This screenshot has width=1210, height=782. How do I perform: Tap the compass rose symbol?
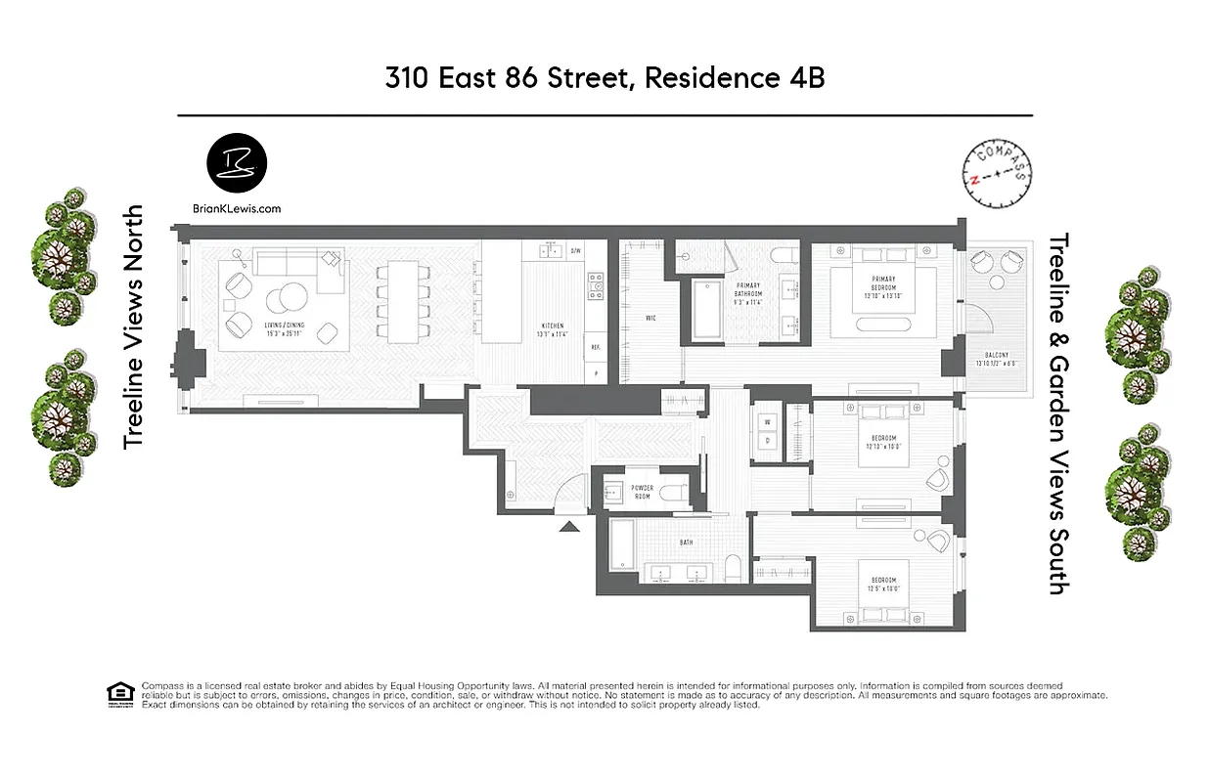998,174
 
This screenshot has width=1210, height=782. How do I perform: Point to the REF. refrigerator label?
594,347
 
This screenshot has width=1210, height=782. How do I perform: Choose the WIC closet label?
650,318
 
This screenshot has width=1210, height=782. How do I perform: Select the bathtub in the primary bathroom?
708,311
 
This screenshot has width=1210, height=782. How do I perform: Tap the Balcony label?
997,358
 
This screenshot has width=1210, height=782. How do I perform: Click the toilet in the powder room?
668,492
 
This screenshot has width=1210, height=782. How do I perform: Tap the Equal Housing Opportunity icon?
118,692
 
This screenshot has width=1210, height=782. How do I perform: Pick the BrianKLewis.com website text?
238,208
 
